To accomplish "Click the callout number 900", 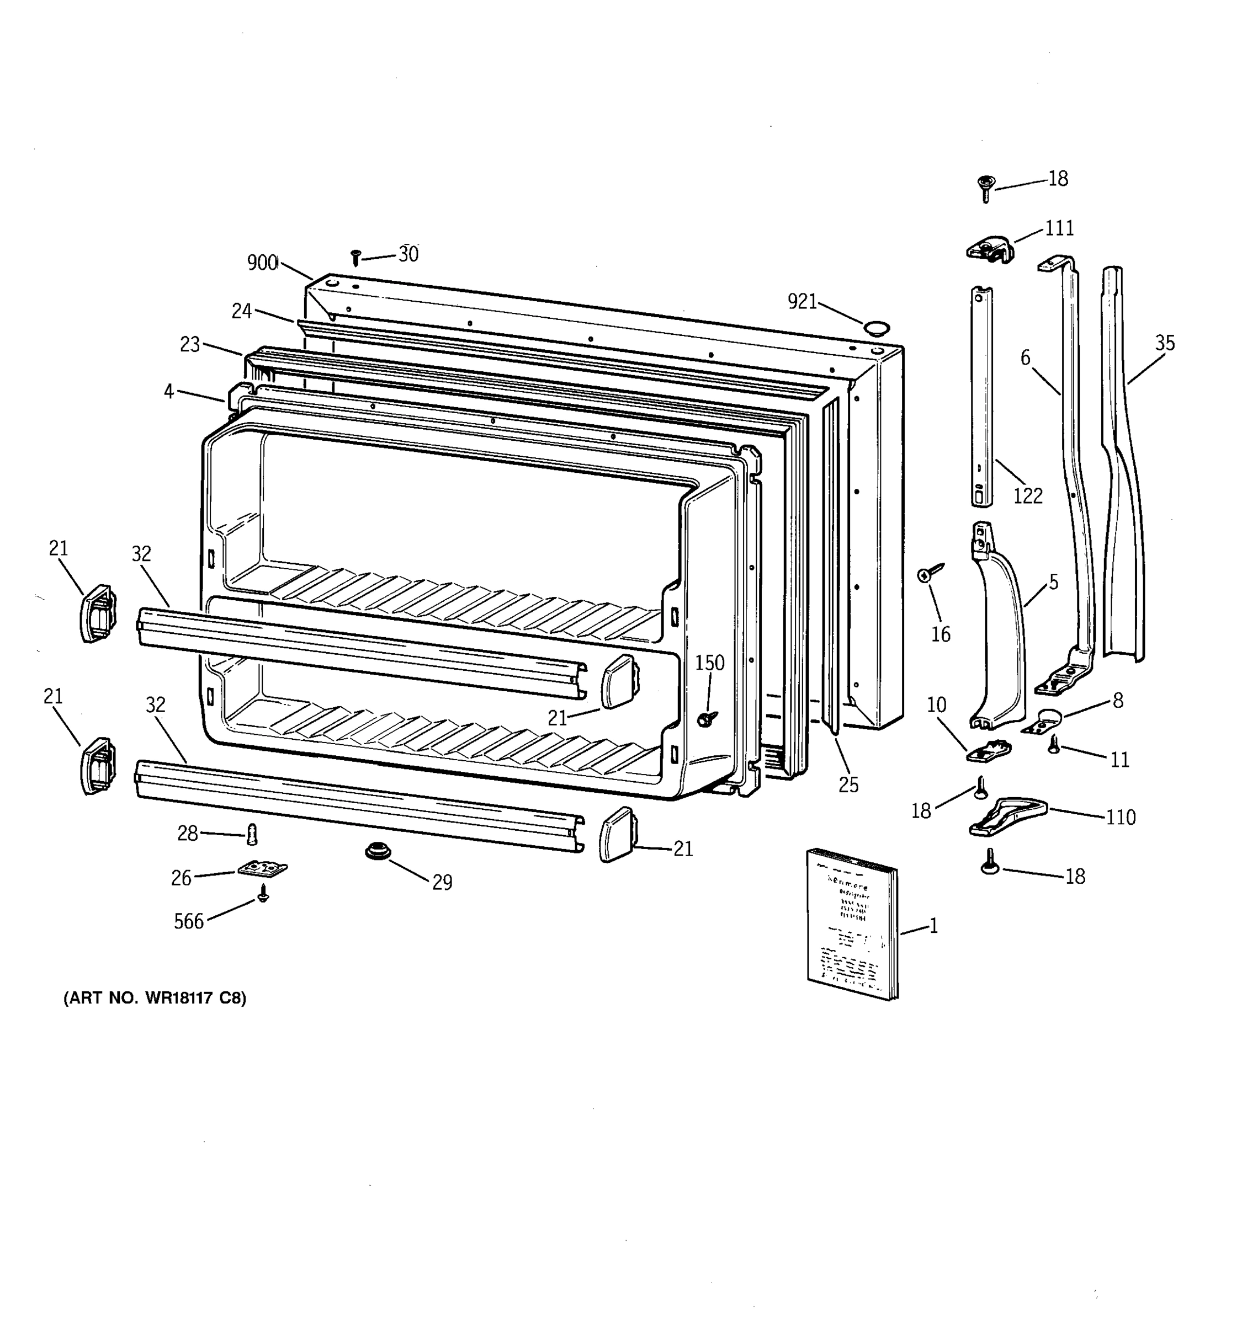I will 262,263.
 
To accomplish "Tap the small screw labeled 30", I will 356,257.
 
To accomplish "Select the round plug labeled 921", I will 876,327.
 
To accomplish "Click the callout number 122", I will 1027,495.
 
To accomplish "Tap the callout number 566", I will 189,922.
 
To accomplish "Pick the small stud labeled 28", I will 252,834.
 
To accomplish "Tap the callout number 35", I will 1165,344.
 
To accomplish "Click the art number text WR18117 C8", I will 155,999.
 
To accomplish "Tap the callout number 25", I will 848,785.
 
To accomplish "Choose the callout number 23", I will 190,344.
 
